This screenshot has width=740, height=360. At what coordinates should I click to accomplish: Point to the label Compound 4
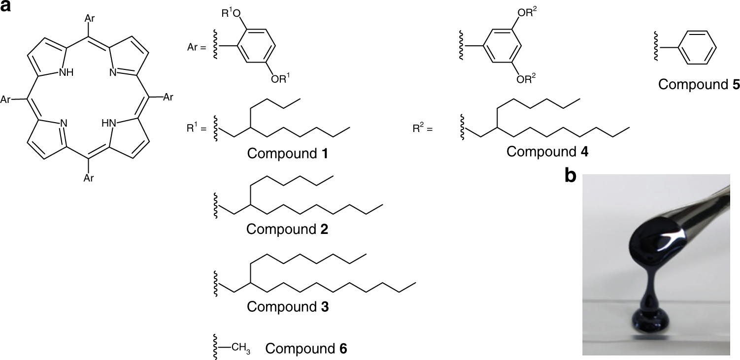[x=547, y=151]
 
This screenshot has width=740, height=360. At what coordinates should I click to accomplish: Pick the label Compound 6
[x=306, y=349]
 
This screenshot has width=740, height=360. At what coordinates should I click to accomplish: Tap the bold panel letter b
[x=571, y=176]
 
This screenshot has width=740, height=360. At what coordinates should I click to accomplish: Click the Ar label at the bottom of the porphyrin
[x=89, y=178]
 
